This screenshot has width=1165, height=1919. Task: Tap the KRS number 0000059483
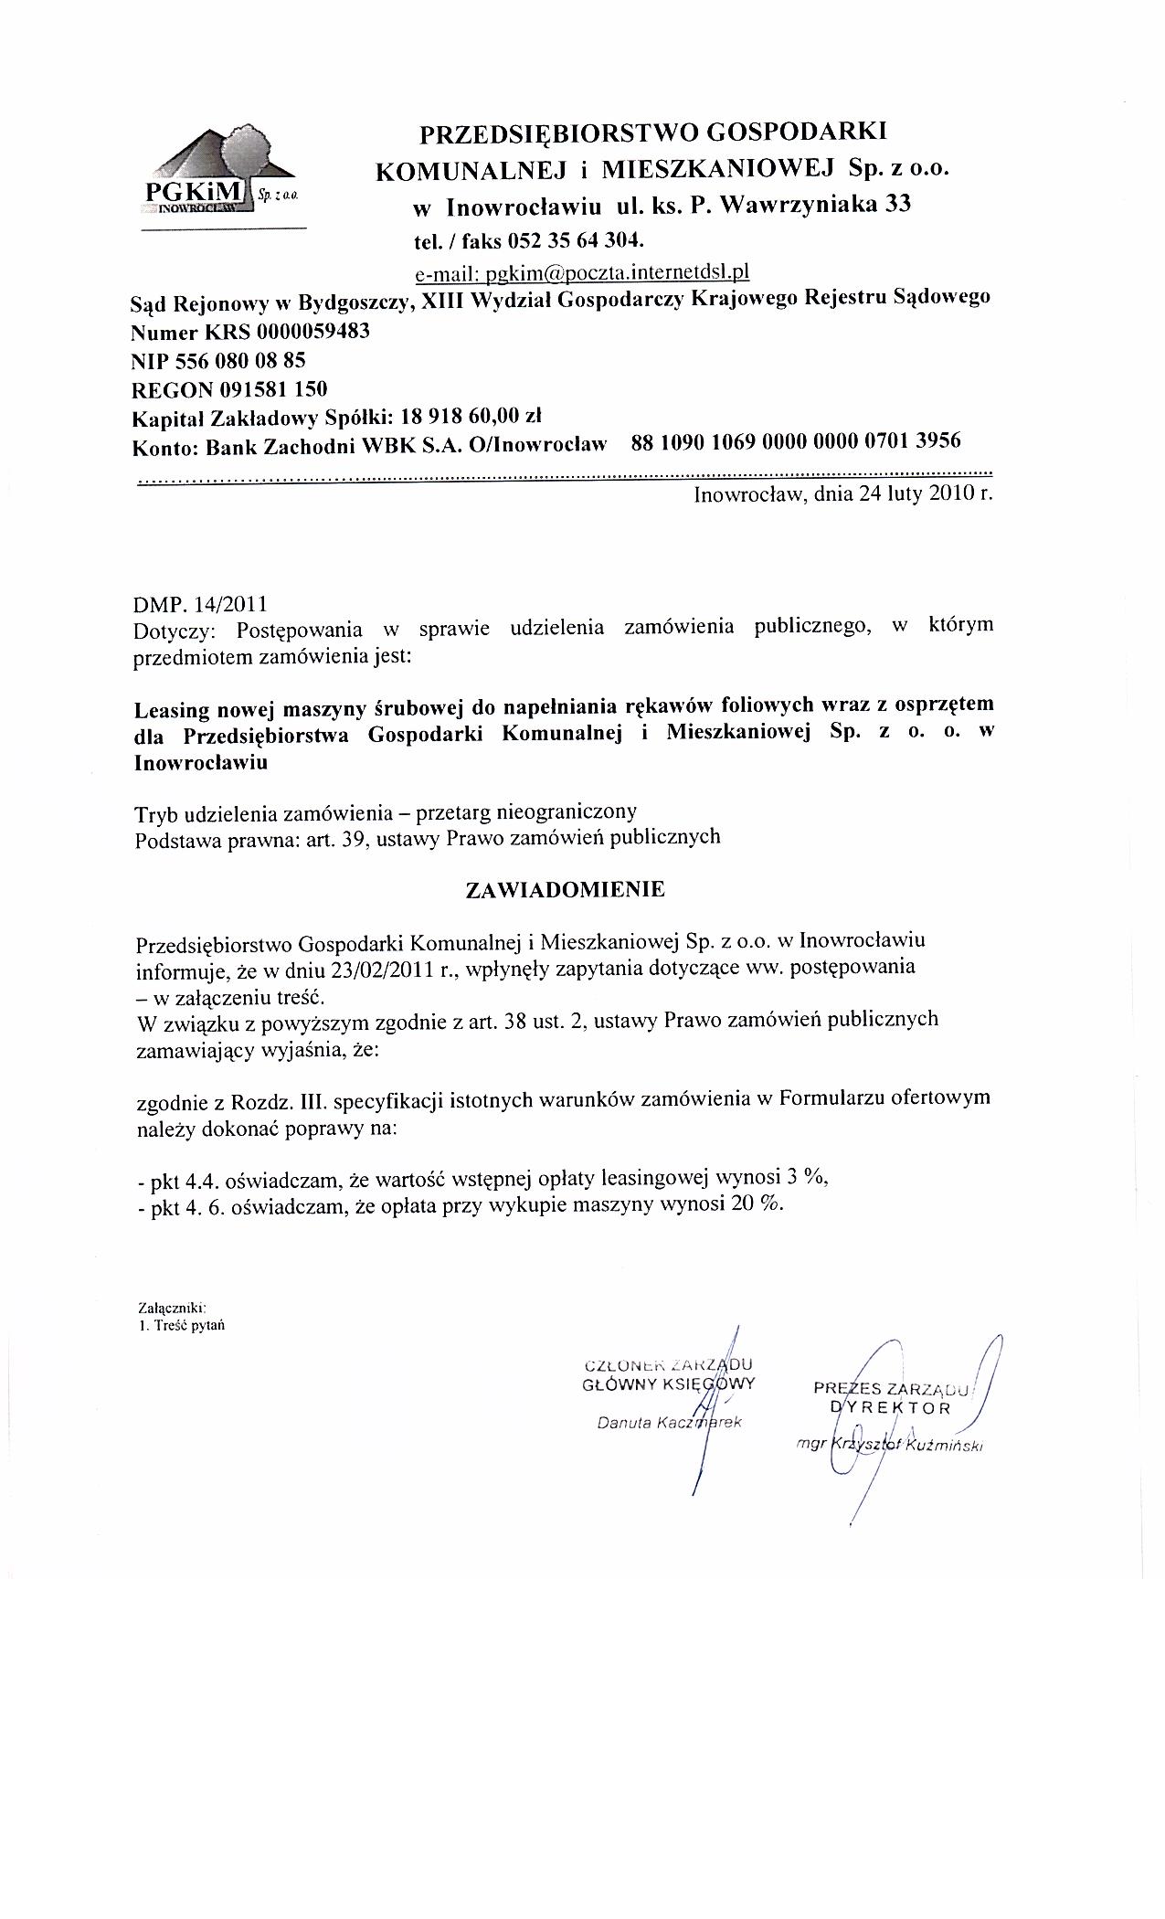pos(313,331)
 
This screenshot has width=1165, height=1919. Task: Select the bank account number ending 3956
pos(796,442)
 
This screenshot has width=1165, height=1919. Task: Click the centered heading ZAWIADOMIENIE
pos(566,890)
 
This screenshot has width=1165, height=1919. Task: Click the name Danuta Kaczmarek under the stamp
pos(669,1423)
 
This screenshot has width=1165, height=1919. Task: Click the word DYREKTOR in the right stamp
pos(891,1408)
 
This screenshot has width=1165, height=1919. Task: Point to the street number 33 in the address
pos(897,205)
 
